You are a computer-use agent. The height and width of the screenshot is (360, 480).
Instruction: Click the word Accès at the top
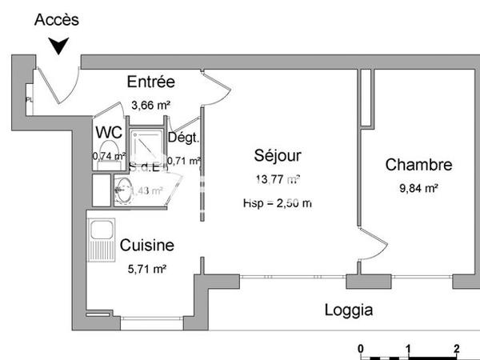pos(57,20)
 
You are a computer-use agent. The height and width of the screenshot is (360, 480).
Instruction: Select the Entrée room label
pos(151,82)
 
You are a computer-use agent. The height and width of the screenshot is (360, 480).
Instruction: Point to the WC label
pos(109,133)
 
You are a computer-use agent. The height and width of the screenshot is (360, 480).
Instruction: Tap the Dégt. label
pos(183,138)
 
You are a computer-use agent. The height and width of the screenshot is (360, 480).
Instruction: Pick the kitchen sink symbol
pos(102,238)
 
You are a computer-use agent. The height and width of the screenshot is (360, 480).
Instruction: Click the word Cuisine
pos(147,246)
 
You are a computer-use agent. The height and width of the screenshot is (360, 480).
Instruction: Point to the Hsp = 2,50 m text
pos(277,203)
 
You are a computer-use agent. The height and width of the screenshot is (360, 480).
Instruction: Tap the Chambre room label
pos(418,166)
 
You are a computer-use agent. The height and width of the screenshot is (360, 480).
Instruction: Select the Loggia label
pos(348,310)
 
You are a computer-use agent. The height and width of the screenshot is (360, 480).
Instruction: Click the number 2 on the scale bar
pos(456,349)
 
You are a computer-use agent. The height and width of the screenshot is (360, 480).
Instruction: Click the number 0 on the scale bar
pos(361,349)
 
